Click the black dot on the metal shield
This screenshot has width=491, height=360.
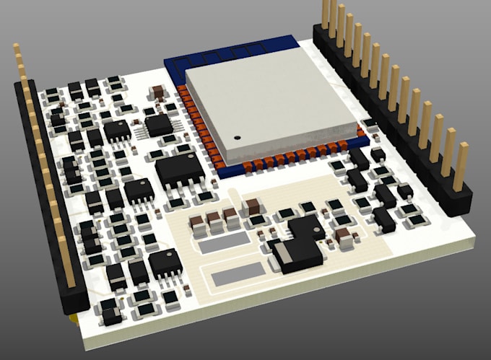click(x=236, y=136)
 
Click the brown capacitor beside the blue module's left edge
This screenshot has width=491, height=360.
click(x=157, y=92)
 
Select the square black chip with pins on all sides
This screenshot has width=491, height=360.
click(x=159, y=125)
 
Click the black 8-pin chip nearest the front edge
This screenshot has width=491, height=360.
click(x=165, y=264)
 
